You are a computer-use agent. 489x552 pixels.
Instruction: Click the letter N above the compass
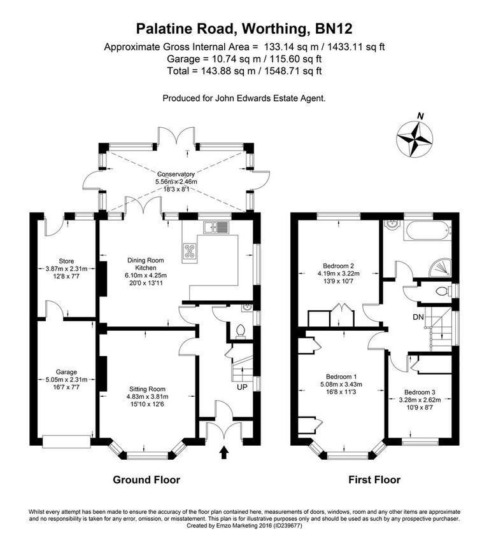point(420,116)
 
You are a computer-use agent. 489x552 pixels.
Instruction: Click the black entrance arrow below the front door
point(223,453)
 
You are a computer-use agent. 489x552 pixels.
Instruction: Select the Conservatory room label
point(176,174)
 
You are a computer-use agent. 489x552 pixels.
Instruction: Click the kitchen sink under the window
point(216,228)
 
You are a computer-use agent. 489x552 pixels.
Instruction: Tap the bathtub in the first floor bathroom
point(428,231)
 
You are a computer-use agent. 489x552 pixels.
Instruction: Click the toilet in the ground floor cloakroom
point(241,331)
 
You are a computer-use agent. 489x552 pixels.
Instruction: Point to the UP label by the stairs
point(242,387)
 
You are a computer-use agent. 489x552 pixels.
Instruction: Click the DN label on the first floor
point(418,317)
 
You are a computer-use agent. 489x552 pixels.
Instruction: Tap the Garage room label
point(66,372)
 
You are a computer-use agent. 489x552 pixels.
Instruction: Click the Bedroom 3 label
point(420,392)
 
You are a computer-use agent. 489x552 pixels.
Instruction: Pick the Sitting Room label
point(147,389)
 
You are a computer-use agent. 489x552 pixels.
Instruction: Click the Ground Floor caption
point(146,480)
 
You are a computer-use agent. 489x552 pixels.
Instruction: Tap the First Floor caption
point(374,480)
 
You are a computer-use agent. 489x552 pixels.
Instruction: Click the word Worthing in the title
point(275,29)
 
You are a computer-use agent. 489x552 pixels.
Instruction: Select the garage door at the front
point(66,441)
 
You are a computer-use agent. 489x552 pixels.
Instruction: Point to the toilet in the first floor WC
point(443,291)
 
